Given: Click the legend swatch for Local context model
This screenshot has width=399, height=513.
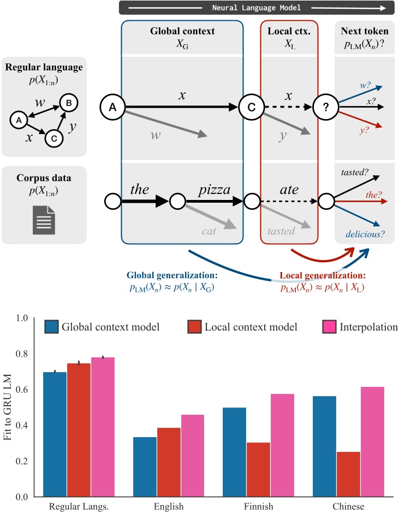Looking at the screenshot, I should pyautogui.click(x=192, y=327).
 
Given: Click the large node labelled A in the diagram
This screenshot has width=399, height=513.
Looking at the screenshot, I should pyautogui.click(x=113, y=107).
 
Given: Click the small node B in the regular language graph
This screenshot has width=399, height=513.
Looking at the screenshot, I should pyautogui.click(x=68, y=102).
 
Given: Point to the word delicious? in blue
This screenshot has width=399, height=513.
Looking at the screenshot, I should pyautogui.click(x=364, y=235).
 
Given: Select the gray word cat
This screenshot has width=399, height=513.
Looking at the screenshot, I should pyautogui.click(x=208, y=231).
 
